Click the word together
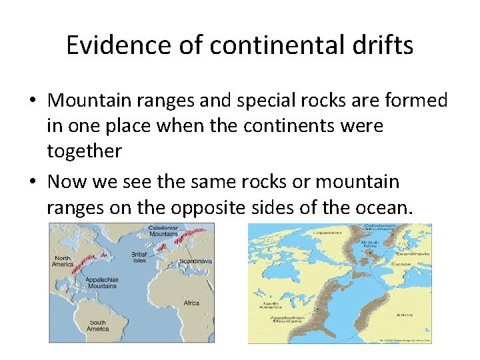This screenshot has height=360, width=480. [84, 151]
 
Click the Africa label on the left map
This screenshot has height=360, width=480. [191, 303]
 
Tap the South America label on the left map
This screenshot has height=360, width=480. [97, 325]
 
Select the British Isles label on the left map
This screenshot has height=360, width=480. [139, 257]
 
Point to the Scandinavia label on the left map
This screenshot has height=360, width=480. [195, 261]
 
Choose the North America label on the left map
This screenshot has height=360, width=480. [63, 261]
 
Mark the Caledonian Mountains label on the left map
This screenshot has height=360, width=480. [163, 231]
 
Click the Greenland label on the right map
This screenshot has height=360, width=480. [328, 233]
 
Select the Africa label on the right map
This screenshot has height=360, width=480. [404, 314]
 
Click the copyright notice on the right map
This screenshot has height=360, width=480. [405, 340]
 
